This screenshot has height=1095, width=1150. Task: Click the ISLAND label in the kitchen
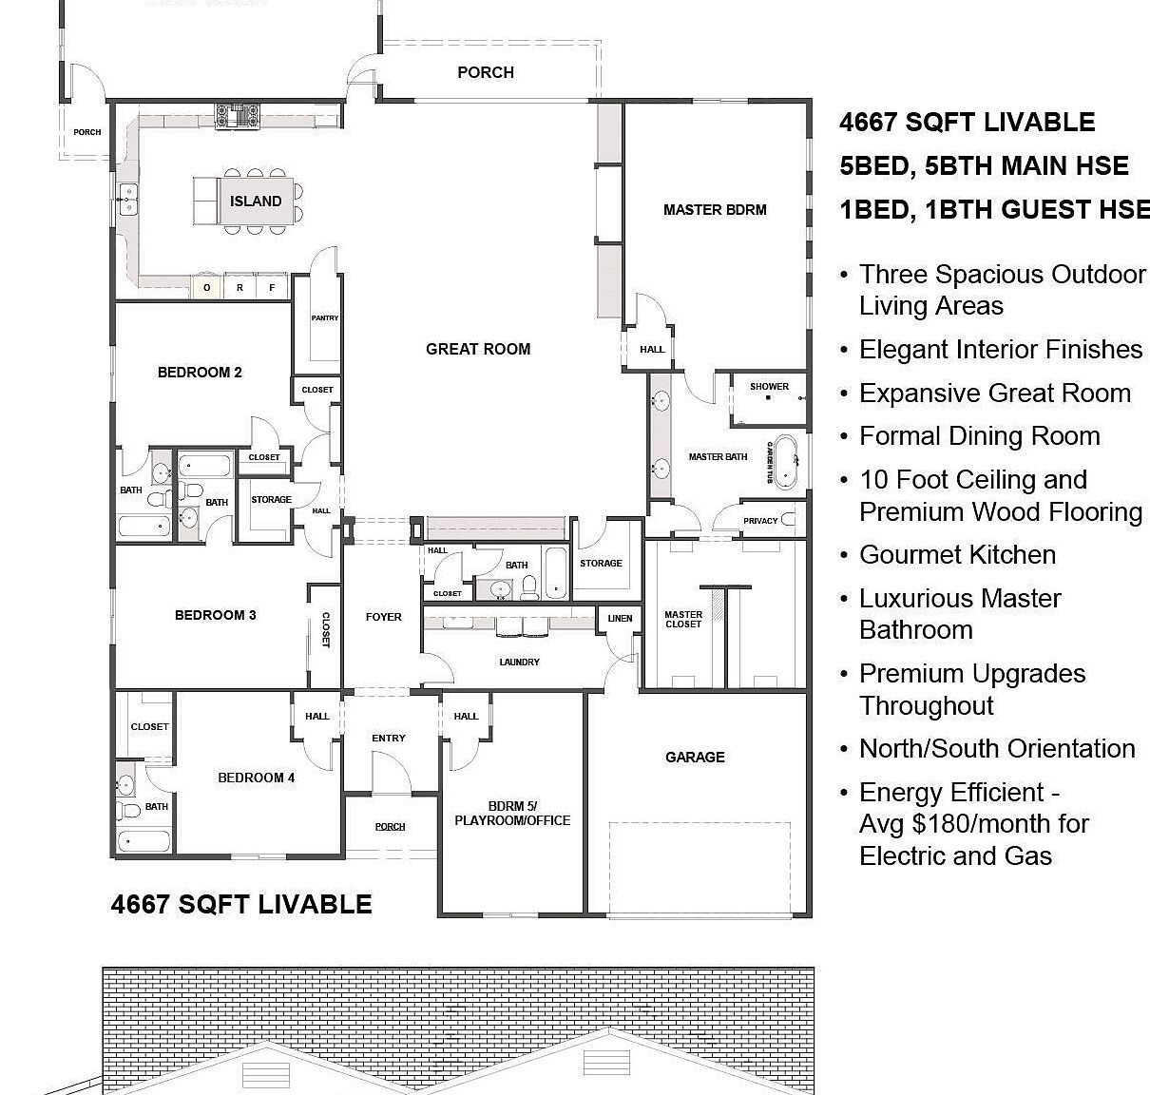click(256, 202)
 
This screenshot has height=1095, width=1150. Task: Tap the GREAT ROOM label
click(478, 349)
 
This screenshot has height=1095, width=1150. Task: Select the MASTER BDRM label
click(715, 209)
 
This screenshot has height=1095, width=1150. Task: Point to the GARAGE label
click(695, 757)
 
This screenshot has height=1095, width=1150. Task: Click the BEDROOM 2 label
click(200, 373)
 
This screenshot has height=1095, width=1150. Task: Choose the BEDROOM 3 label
click(216, 615)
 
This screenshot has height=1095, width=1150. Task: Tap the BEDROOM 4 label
click(256, 778)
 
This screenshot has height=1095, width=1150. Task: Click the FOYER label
click(384, 617)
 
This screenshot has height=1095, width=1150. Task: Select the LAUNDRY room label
click(519, 662)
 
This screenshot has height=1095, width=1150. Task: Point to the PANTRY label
click(325, 318)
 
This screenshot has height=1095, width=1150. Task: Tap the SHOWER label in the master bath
click(769, 386)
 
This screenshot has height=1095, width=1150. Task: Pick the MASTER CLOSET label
click(683, 619)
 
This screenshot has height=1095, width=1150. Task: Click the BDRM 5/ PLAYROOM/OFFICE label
click(512, 813)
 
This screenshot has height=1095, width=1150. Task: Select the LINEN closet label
click(620, 619)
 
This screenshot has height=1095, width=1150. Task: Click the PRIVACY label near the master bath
click(760, 520)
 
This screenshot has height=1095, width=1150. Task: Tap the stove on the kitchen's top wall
click(237, 116)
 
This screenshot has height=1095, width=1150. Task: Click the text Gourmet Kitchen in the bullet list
click(957, 555)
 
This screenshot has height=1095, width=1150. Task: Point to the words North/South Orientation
click(997, 749)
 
